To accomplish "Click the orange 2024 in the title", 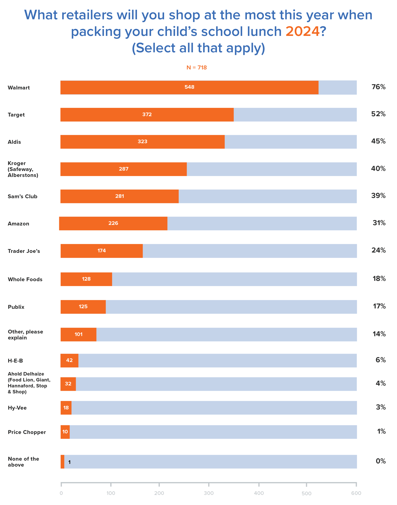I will [302, 32].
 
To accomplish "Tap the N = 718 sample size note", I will [197, 68].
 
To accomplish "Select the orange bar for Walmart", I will [189, 87].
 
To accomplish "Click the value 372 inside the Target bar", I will [147, 114].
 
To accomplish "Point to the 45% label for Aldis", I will [378, 141].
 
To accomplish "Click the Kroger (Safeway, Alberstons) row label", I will [23, 169].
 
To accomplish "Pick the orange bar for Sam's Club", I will [119, 196].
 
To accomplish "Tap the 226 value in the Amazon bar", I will [113, 223].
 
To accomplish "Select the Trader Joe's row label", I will [24, 251].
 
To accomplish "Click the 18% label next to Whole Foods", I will [379, 279].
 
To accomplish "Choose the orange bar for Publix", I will [83, 307].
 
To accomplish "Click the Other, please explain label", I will [25, 334].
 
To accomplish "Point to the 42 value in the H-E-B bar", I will [69, 360].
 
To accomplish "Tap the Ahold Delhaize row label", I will [29, 382].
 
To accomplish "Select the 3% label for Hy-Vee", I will [380, 407].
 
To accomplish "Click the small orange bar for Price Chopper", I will [65, 432].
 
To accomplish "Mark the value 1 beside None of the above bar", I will [69, 462].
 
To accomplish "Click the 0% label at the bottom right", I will [380, 461].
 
